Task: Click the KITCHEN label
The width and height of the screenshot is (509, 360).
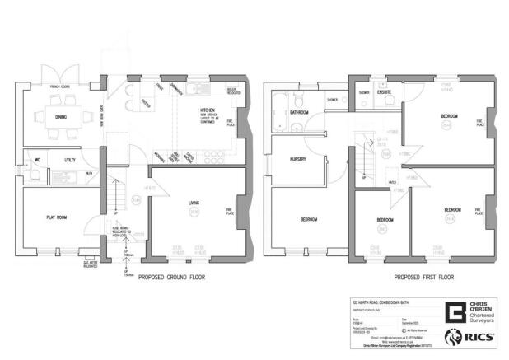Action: click(x=208, y=110)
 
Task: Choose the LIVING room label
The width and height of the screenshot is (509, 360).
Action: click(x=195, y=203)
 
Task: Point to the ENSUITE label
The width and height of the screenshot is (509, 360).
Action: click(x=385, y=93)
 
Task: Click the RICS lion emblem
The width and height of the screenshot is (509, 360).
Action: click(x=452, y=336)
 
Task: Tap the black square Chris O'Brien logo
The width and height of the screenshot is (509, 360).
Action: click(x=454, y=312)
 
